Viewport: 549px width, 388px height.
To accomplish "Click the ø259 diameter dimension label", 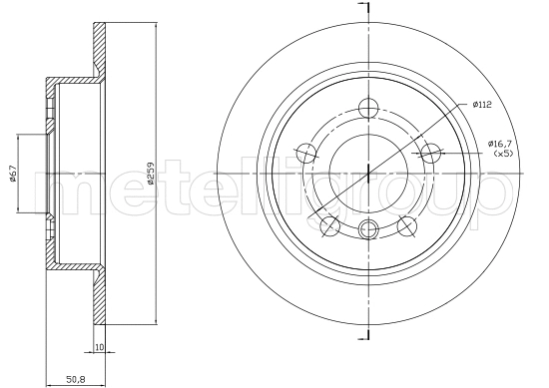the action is tap(151, 173).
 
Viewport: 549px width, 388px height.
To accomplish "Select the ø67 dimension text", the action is tap(13, 173).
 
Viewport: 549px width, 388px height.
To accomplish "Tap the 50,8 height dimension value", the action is tap(76, 379).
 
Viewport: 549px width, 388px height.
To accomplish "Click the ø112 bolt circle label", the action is tap(482, 105).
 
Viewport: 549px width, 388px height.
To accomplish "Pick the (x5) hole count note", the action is tap(503, 154).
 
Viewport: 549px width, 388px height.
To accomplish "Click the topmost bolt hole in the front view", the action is tap(368, 108).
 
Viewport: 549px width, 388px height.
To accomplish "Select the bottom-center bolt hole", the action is tap(368, 229).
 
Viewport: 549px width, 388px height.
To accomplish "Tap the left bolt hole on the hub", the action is tap(306, 153).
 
